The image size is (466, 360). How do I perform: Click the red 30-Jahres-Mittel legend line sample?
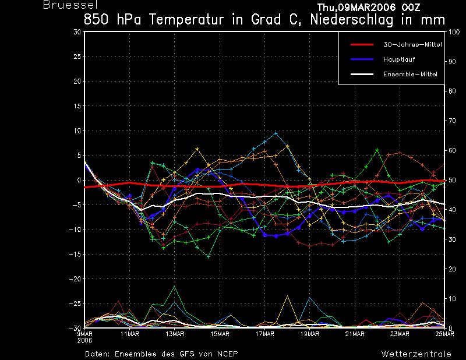coord(362,45)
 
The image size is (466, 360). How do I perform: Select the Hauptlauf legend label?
coord(399,59)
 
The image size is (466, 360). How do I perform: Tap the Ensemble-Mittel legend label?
coord(410,75)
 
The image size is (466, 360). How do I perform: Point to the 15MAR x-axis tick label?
coord(220,334)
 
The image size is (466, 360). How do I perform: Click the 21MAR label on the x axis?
coord(355,334)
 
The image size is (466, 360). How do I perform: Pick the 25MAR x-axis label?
coord(444,334)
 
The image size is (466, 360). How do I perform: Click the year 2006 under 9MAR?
coord(84,341)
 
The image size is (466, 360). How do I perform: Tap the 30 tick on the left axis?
coord(77,32)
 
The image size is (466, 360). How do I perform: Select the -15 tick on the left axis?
coord(75,254)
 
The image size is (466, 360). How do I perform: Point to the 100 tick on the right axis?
coord(454,32)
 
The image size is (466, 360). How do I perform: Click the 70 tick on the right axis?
coord(452,121)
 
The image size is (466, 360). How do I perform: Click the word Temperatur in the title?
coord(186,20)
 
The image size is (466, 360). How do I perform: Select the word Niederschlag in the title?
coord(352,20)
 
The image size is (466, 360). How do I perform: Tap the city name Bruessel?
coord(70,5)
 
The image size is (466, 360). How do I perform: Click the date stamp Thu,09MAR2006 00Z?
coord(369,7)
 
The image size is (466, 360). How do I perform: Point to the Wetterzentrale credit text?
coord(416,354)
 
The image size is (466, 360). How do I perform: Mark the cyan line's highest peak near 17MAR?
coord(276,133)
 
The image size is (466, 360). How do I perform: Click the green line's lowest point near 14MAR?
coord(209,256)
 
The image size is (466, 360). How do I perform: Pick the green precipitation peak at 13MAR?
coord(174,286)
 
